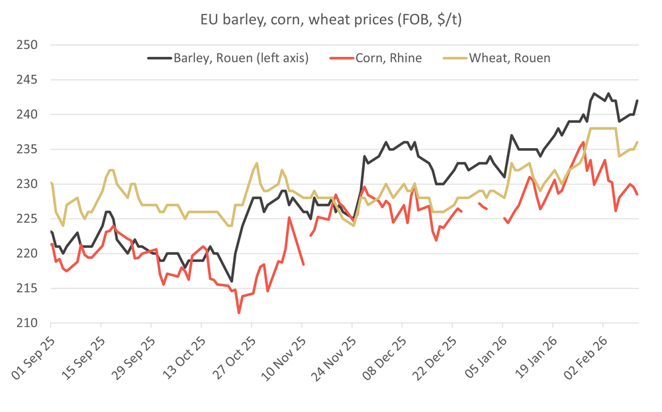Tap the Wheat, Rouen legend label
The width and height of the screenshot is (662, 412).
point(510,58)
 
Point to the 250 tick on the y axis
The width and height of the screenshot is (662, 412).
point(30,46)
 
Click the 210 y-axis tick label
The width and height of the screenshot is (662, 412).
point(30,323)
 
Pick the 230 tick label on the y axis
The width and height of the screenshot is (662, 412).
point(30,185)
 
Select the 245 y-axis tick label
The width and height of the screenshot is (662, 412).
point(30,80)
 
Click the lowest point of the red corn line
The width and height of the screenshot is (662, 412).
point(238,313)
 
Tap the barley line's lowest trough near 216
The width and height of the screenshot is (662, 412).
point(232,281)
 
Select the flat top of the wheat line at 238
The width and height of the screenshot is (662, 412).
point(602,128)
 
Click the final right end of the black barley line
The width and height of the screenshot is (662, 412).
point(637,101)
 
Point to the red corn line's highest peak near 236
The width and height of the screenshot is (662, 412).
point(583,142)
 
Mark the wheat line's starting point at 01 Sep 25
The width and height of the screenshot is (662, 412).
point(51,183)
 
